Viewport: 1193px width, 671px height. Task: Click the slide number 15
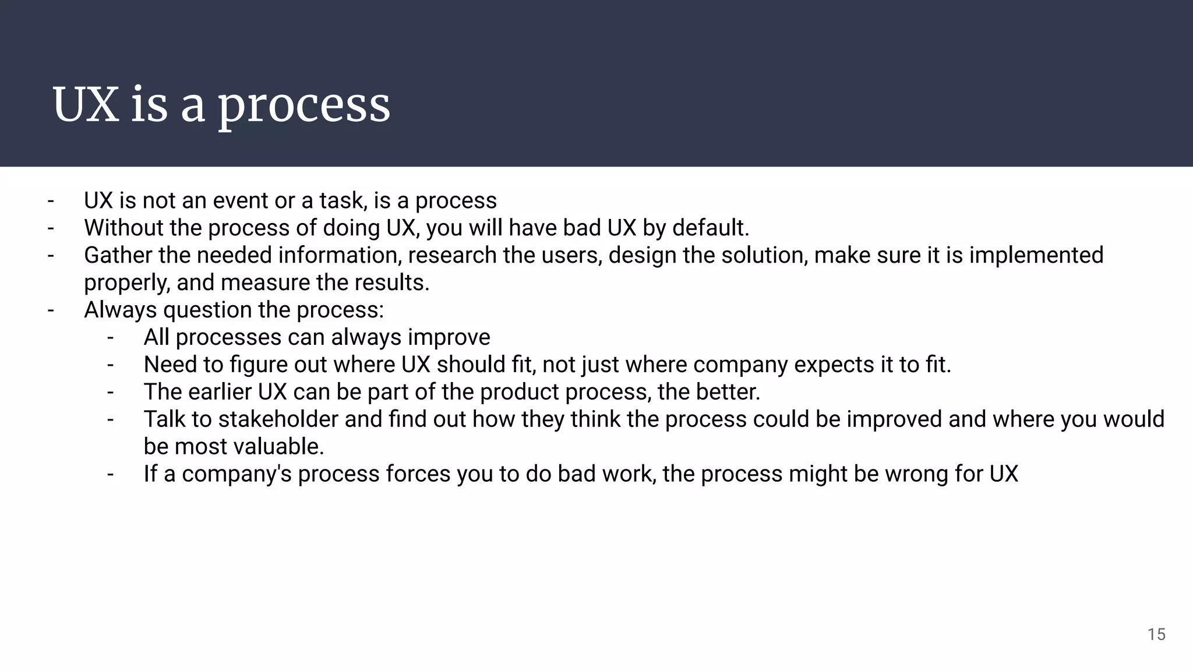1156,634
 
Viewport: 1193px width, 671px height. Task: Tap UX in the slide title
86,105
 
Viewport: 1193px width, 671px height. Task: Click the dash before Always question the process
51,310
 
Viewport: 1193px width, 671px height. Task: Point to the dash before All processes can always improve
110,337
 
